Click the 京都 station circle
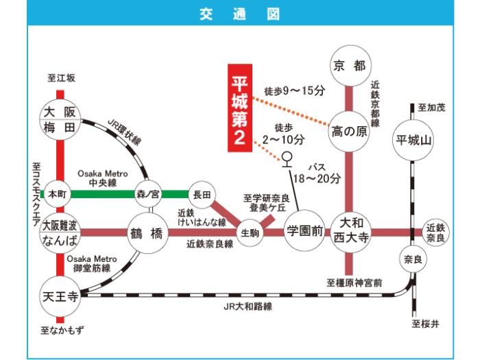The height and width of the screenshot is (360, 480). coord(350,67)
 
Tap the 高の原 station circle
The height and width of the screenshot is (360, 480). coord(350,130)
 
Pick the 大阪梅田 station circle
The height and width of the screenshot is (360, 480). coord(60,119)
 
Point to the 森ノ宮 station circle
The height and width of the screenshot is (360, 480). coord(147,194)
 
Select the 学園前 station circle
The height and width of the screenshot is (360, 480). coord(304,232)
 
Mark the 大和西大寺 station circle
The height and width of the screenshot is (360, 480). coord(350,232)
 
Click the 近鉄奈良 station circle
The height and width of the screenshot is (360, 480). coord(436,232)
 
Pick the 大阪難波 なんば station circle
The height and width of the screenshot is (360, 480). coord(60,233)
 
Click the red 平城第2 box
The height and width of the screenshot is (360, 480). coord(241,108)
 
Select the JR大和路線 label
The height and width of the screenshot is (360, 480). coord(250,309)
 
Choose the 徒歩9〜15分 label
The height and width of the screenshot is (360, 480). coord(293,90)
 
